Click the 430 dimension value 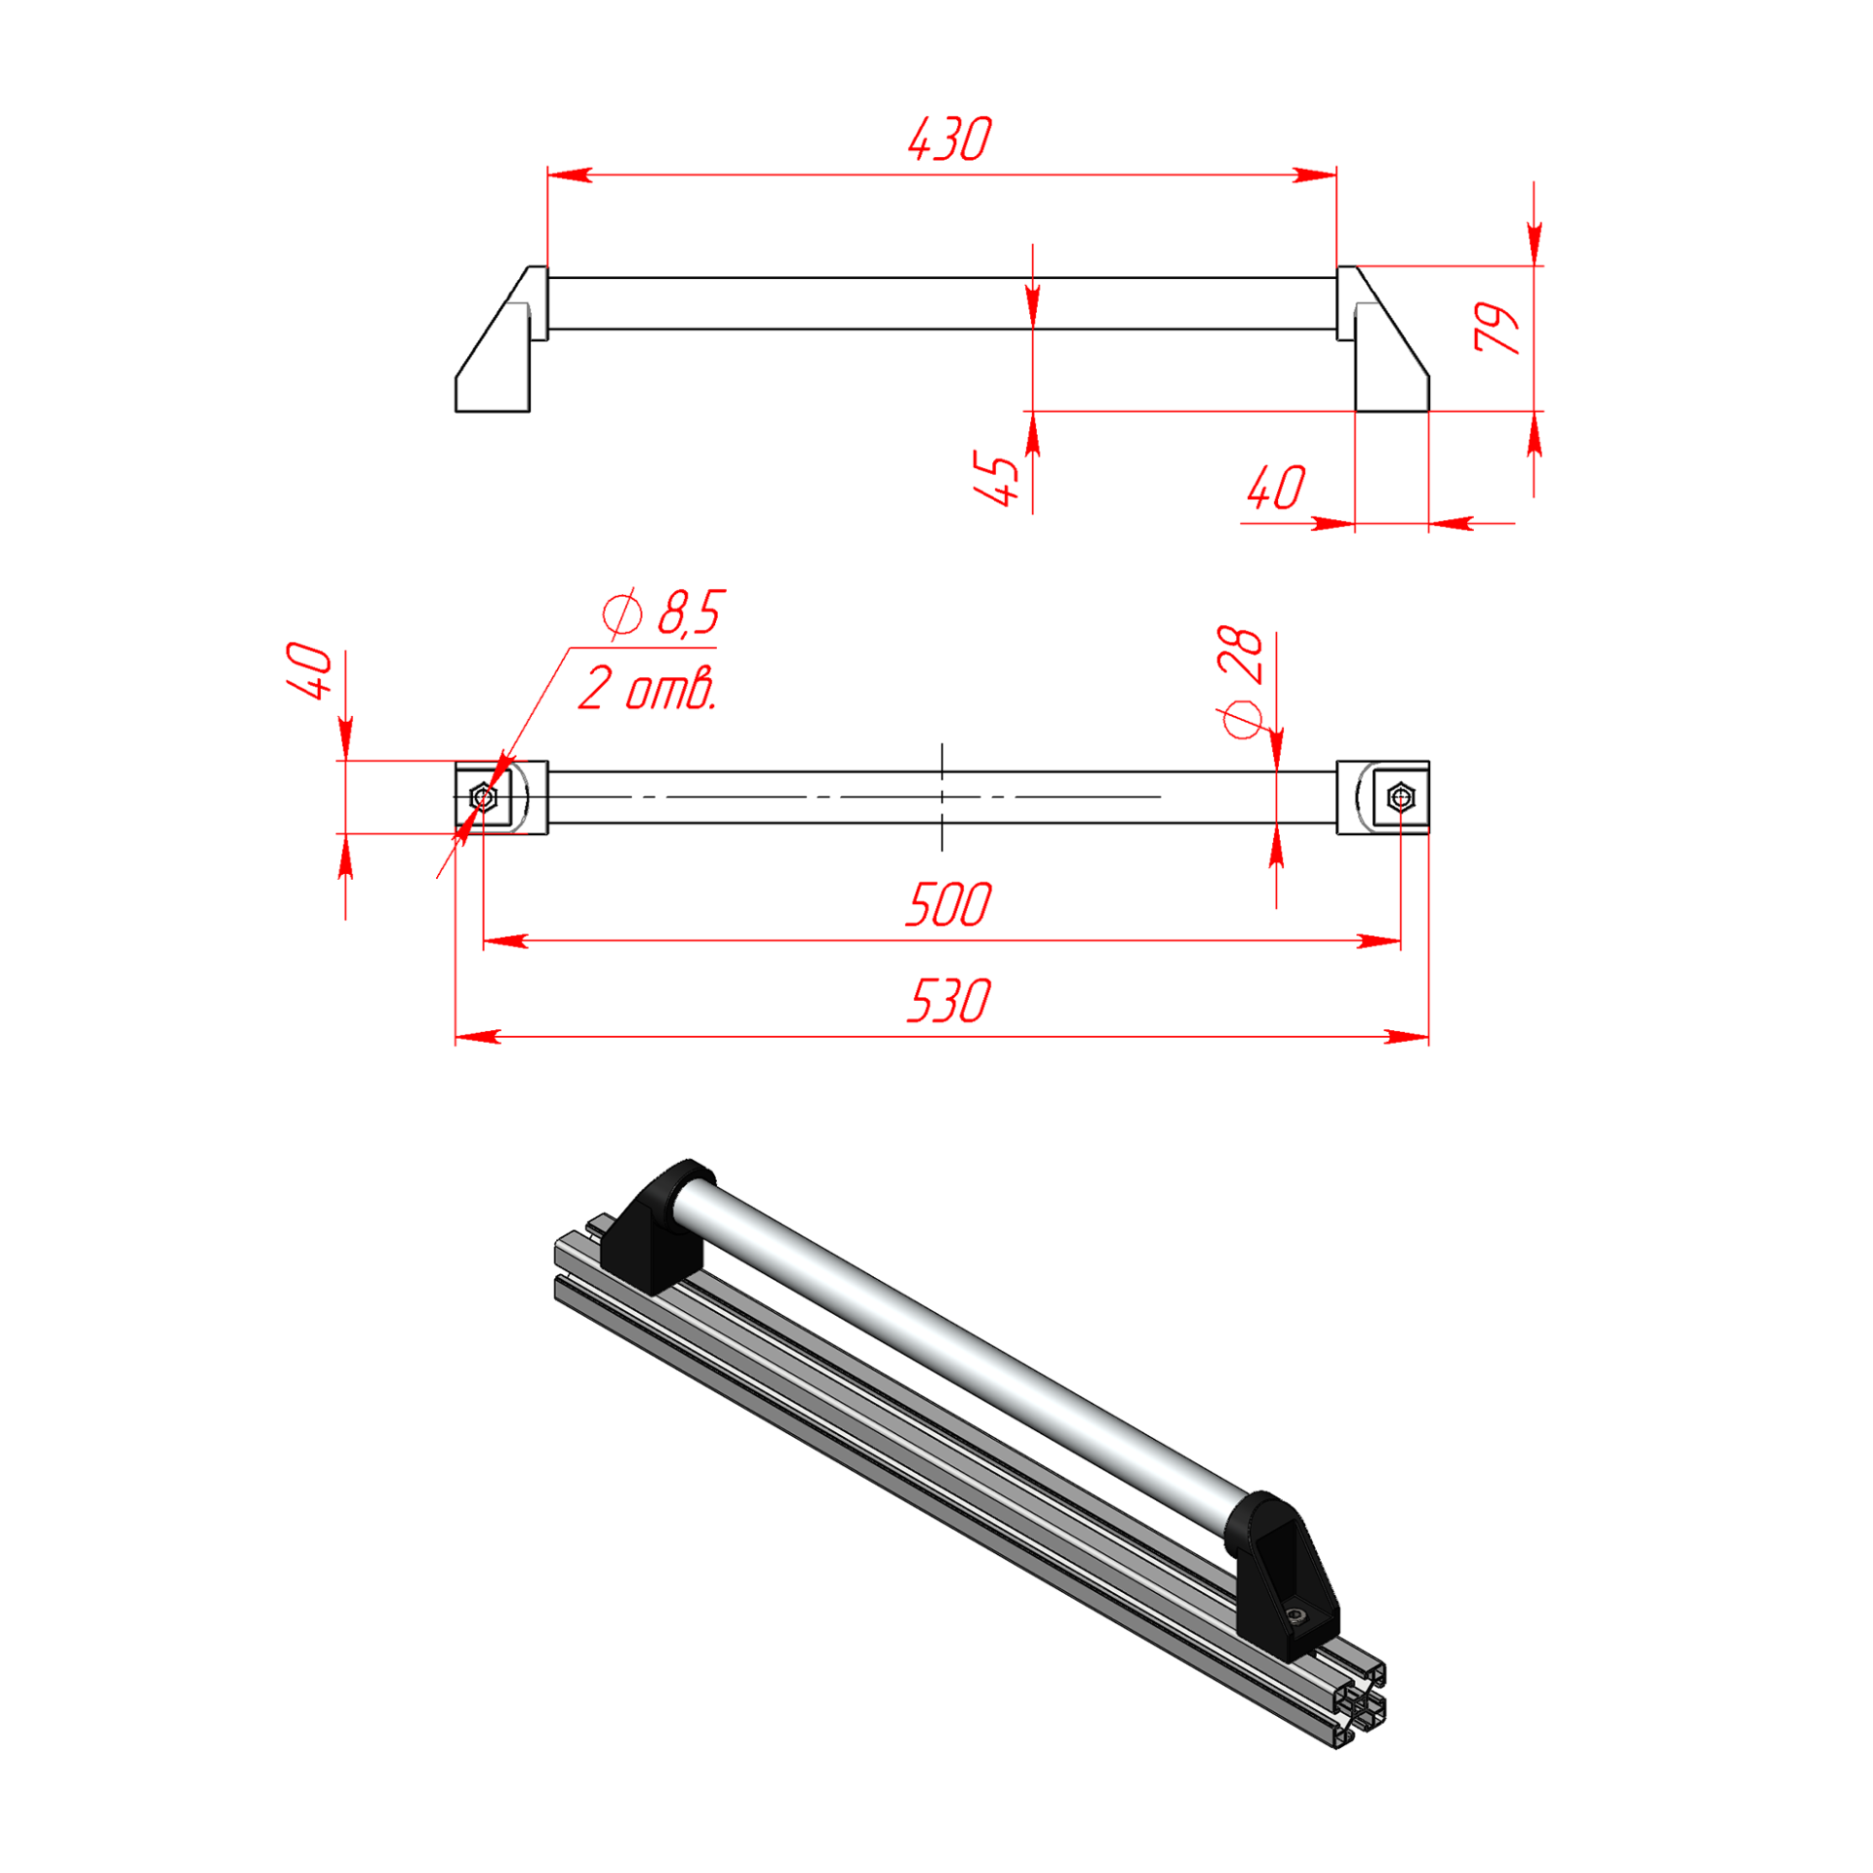pyautogui.click(x=949, y=139)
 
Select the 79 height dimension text pyautogui.click(x=1495, y=327)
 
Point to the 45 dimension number pyautogui.click(x=996, y=478)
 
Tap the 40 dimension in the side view pyautogui.click(x=1275, y=488)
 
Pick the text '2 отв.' pyautogui.click(x=648, y=688)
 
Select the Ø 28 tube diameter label pyautogui.click(x=1241, y=682)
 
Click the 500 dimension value pyautogui.click(x=948, y=904)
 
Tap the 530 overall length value pyautogui.click(x=948, y=1001)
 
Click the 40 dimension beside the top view pyautogui.click(x=310, y=671)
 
